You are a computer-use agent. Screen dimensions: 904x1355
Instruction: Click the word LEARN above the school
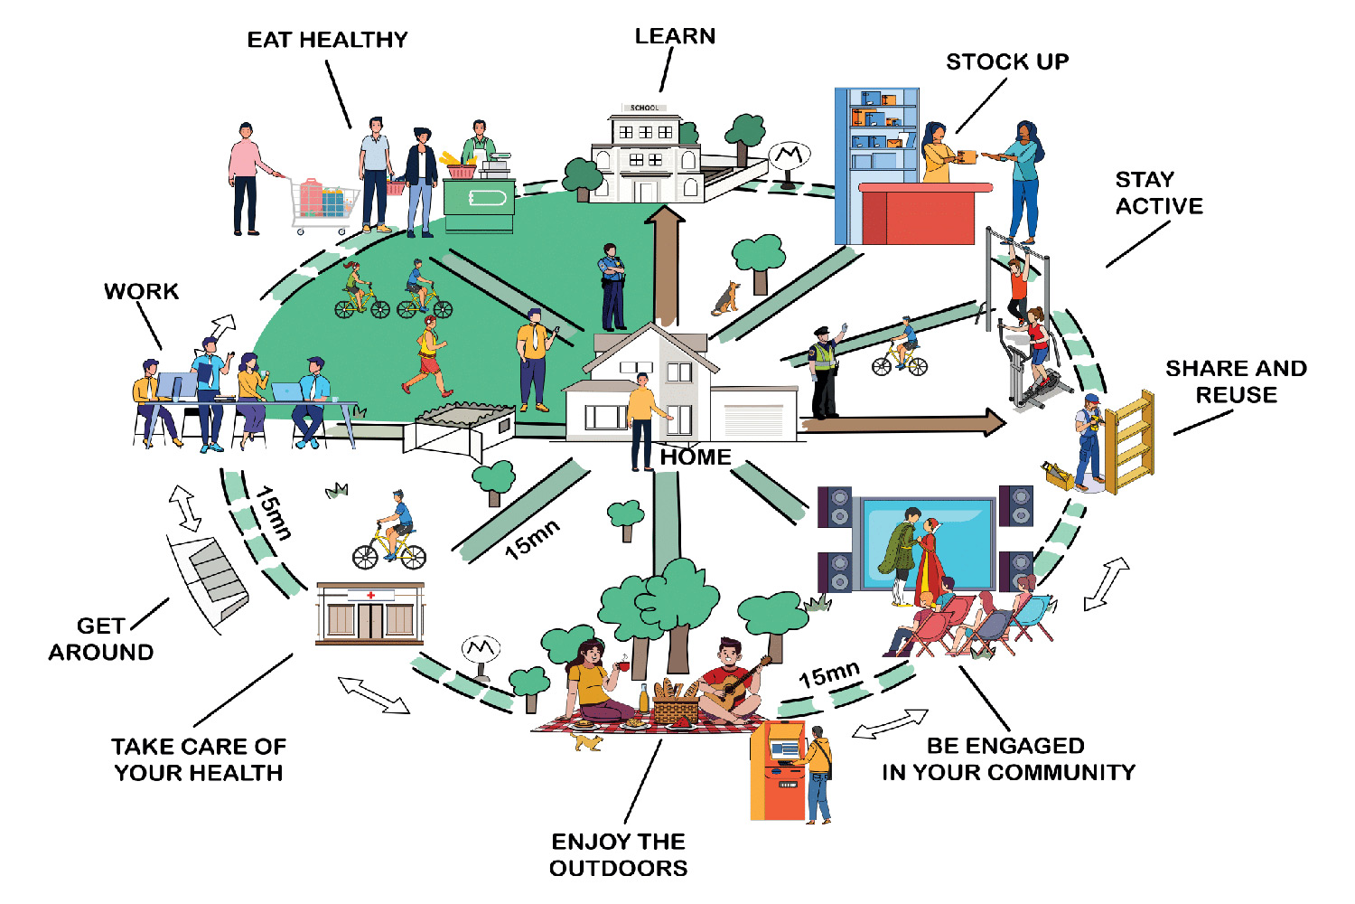tap(675, 36)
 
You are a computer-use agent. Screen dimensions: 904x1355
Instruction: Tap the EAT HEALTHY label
tap(327, 40)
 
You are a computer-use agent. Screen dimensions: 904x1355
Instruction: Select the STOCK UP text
tap(1007, 61)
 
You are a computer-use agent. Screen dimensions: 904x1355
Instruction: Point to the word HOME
tap(695, 457)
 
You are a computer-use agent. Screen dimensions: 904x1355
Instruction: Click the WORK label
tap(141, 291)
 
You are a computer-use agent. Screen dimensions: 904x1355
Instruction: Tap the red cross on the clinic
tap(370, 595)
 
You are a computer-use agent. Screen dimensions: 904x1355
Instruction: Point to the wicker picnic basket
tap(675, 705)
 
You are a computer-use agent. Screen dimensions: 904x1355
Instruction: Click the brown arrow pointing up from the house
tap(666, 262)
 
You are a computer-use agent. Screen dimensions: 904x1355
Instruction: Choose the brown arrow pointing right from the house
tap(903, 422)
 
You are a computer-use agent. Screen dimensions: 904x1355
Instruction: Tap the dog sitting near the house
tap(726, 297)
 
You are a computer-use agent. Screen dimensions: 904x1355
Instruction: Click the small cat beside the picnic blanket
tap(588, 742)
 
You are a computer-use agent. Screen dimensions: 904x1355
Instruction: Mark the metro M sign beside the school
tap(790, 157)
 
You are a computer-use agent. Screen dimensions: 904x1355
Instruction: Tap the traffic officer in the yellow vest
tap(824, 371)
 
